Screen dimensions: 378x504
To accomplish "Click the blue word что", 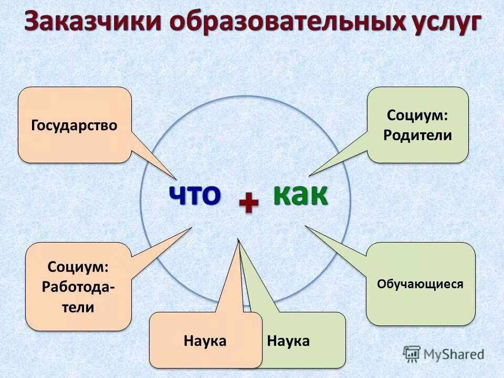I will pyautogui.click(x=194, y=195).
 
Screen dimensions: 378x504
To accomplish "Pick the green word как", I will pyautogui.click(x=300, y=195).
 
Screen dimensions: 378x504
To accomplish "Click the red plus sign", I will pyautogui.click(x=248, y=203).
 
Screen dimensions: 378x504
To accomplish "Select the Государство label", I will pyautogui.click(x=74, y=126).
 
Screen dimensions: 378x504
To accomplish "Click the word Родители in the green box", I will pyautogui.click(x=417, y=135).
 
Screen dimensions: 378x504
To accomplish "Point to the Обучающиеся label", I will pyautogui.click(x=420, y=284).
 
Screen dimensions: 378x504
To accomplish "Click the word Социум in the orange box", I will pyautogui.click(x=78, y=267).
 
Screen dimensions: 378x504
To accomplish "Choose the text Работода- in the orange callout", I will pyautogui.click(x=78, y=287).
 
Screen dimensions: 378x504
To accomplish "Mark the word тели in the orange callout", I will pyautogui.click(x=78, y=307).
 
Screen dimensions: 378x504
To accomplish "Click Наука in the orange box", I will pyautogui.click(x=205, y=341).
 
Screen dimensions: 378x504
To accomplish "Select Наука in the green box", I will pyautogui.click(x=288, y=341).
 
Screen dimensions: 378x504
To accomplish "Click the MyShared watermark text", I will pyautogui.click(x=454, y=354).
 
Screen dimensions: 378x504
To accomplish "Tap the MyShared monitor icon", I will pyautogui.click(x=412, y=353).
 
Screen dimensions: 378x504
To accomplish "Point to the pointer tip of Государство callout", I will pyautogui.click(x=176, y=178).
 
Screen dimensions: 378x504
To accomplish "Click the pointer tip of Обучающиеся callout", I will pyautogui.click(x=305, y=226).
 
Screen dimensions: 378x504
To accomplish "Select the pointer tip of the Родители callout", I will pyautogui.click(x=309, y=175).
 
